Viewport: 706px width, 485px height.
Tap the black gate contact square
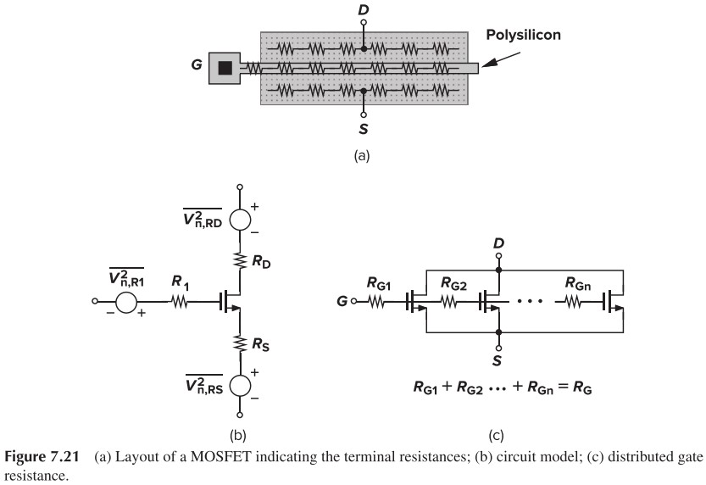225,66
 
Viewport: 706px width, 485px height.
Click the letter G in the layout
197,65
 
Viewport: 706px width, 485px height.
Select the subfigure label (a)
363,156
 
